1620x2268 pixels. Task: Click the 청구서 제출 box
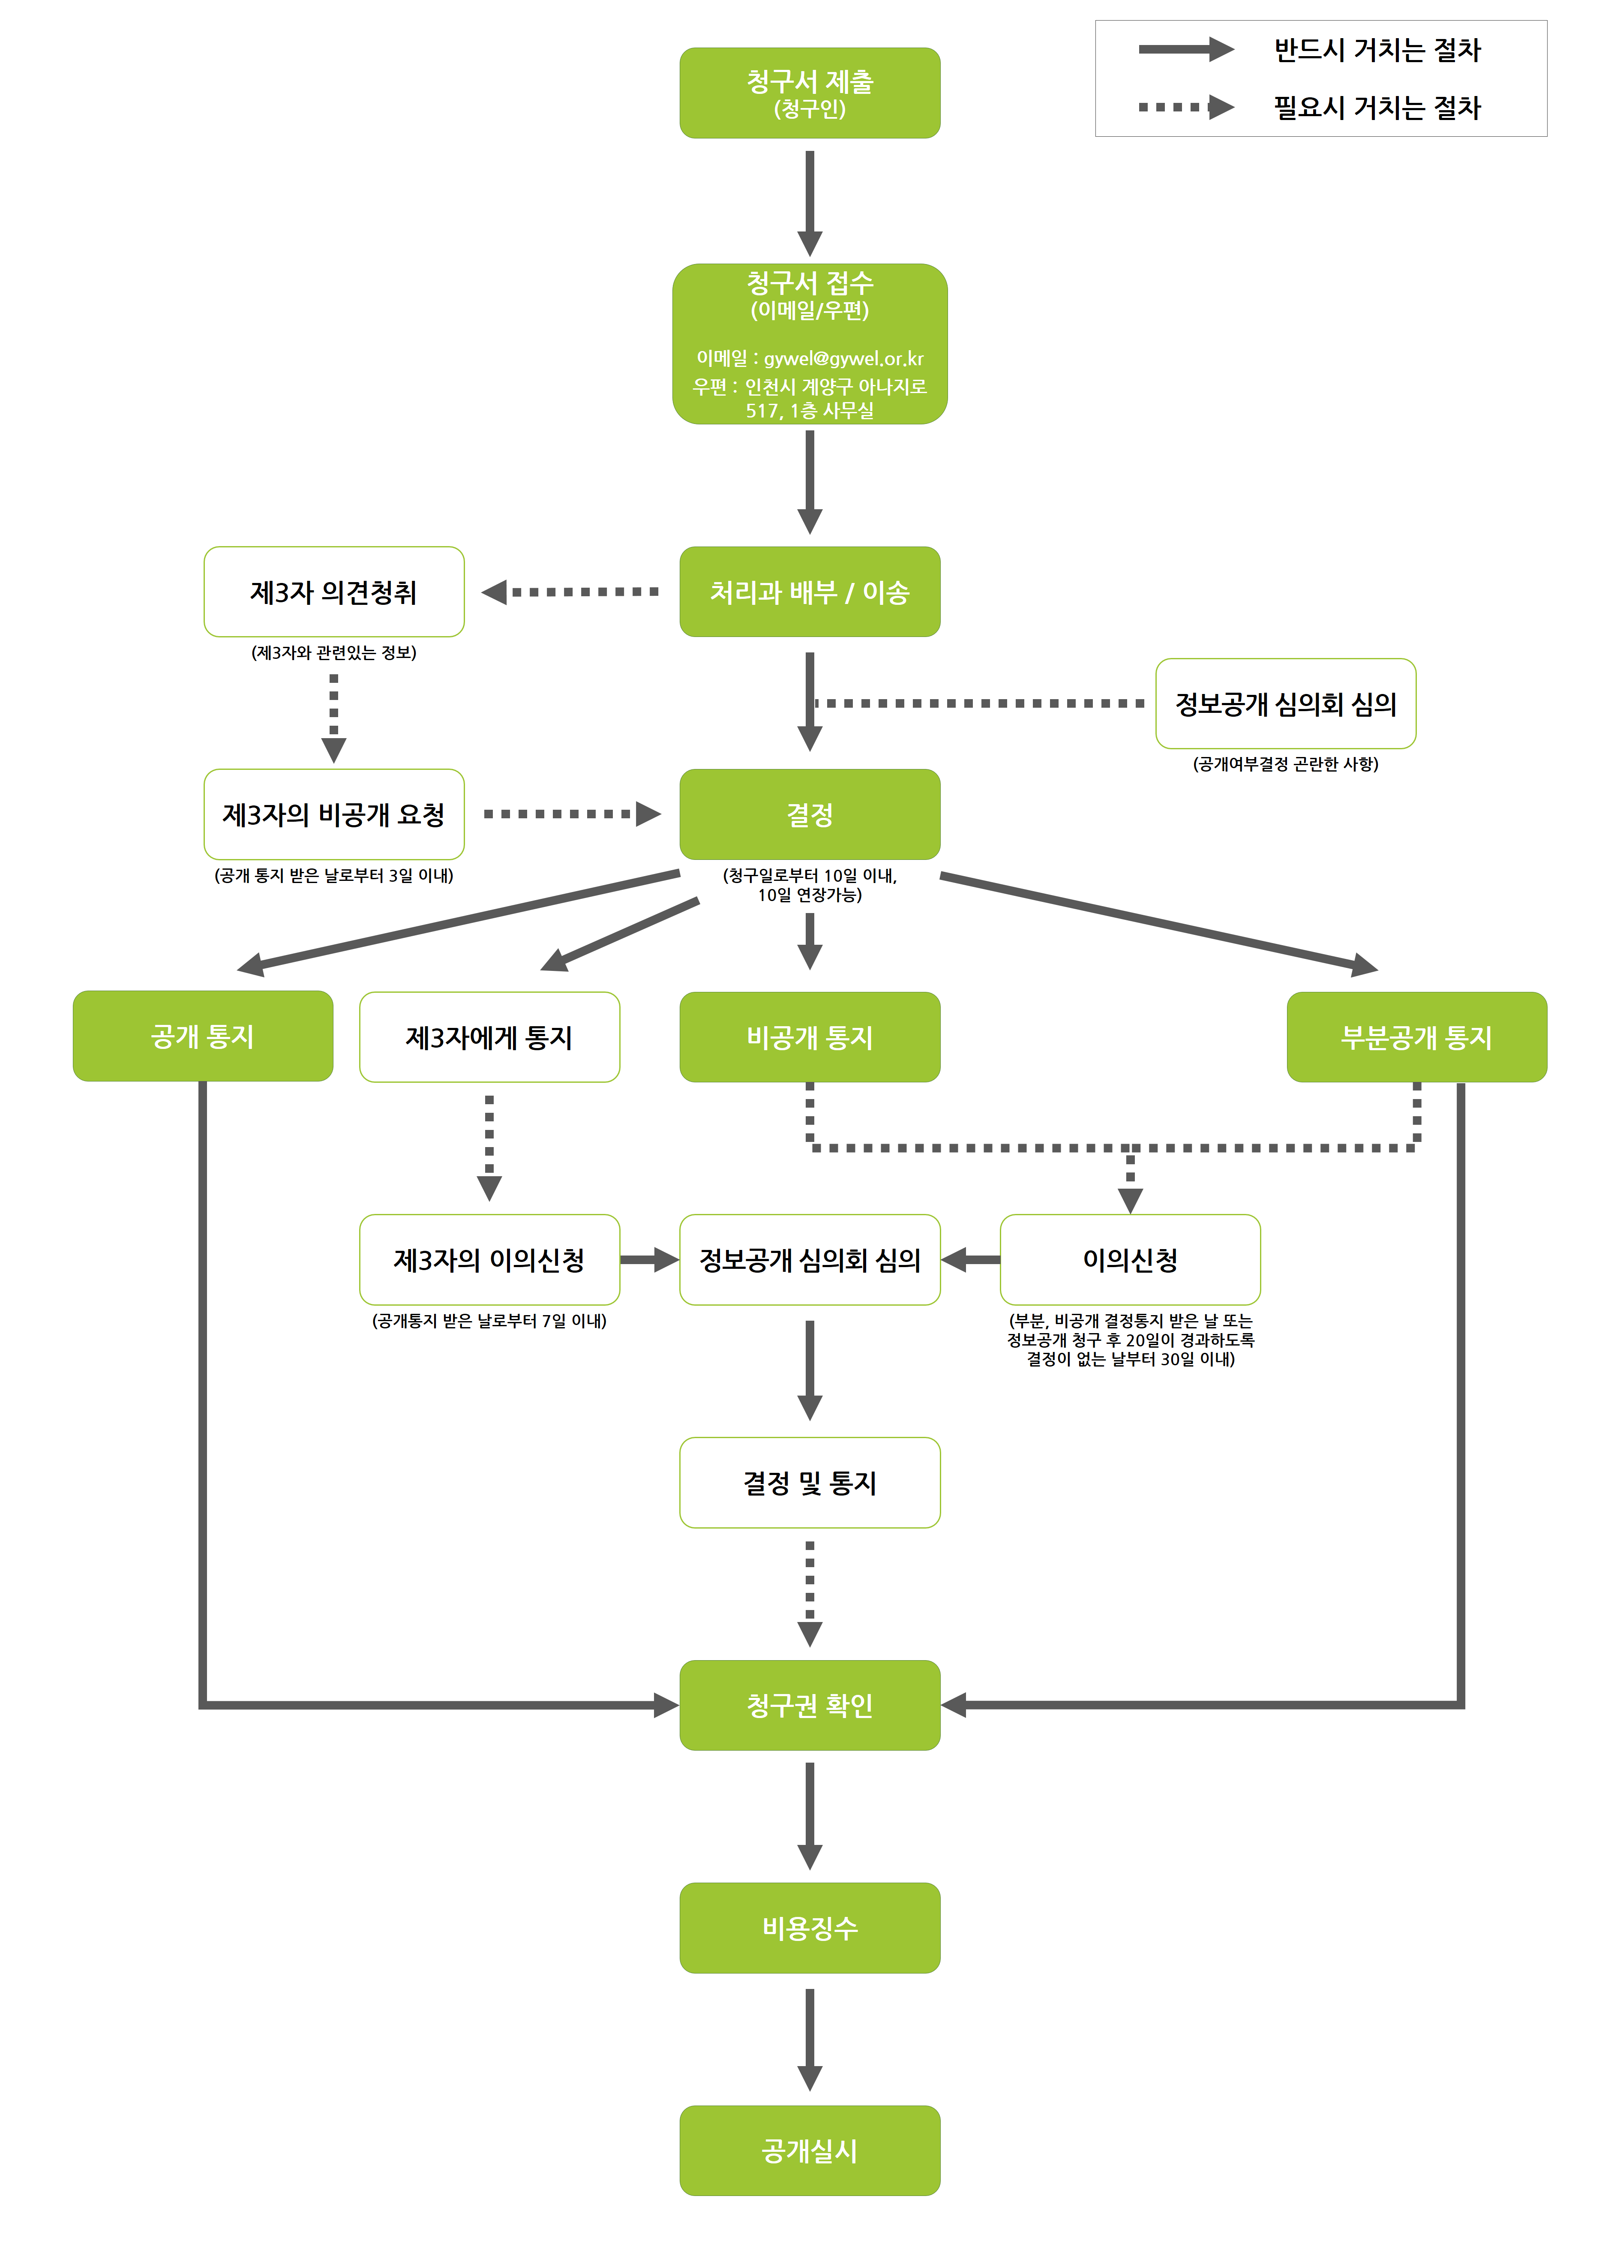click(809, 93)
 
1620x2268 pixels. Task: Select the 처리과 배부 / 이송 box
click(809, 592)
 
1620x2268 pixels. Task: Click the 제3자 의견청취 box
click(333, 592)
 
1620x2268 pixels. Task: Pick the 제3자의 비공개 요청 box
click(333, 814)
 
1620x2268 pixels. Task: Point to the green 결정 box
click(809, 814)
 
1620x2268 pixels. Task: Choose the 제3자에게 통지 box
click(489, 1037)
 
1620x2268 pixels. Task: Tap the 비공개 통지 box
click(809, 1037)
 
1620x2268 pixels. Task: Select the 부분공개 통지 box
click(1416, 1037)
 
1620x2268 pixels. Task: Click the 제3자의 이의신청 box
click(489, 1259)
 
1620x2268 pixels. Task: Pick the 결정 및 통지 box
click(809, 1482)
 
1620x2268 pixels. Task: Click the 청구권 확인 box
click(809, 1704)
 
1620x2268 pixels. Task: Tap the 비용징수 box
click(809, 1927)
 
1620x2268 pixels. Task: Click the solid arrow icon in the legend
click(1185, 49)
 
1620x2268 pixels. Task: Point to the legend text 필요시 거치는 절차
click(1377, 107)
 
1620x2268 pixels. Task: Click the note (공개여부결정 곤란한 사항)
click(1285, 764)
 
